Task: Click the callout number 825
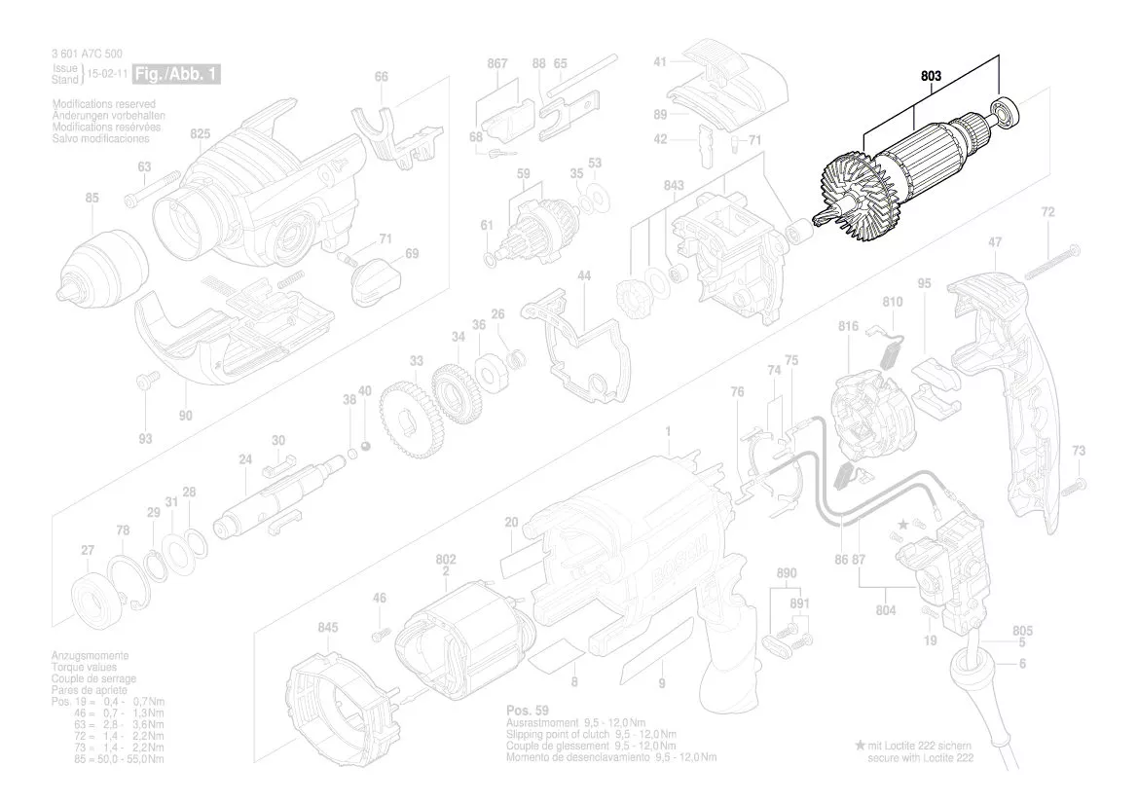coord(200,132)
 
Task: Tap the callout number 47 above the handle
coord(995,240)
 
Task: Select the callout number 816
coord(848,327)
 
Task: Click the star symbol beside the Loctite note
coord(860,745)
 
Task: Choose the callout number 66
coord(382,76)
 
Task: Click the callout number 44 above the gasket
coord(584,276)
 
